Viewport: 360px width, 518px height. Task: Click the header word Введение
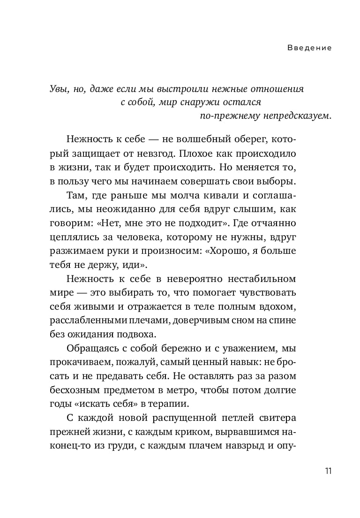tap(309, 48)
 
